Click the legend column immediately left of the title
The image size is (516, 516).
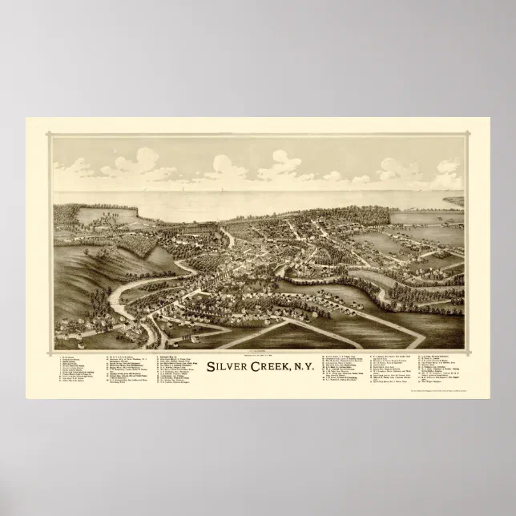179,372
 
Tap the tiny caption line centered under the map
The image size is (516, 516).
257,353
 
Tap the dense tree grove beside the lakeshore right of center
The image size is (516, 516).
365,215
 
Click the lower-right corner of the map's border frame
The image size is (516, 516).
464,350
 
